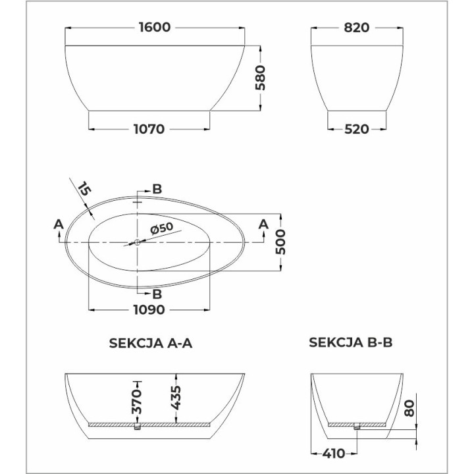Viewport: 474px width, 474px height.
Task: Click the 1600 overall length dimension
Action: pos(155,28)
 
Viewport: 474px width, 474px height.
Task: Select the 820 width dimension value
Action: pos(356,28)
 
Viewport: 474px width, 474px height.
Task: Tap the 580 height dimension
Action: pos(260,78)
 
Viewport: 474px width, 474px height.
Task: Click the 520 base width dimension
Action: pos(356,129)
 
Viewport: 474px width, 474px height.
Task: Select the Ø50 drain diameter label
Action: pos(161,228)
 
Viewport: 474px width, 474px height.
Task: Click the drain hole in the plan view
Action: pos(137,242)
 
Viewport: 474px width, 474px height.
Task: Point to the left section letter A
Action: pos(58,225)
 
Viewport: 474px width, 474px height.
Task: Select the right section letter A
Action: pos(263,225)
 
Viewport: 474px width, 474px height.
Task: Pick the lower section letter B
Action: pos(157,294)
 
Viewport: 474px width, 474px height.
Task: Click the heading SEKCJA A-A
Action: pos(150,342)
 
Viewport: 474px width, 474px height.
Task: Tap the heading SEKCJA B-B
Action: pos(351,342)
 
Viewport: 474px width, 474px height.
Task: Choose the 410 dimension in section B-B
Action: pos(333,454)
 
